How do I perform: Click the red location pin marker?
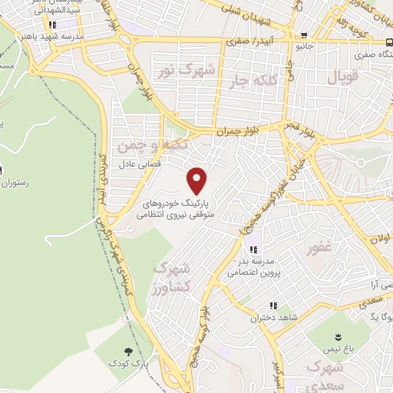pyautogui.click(x=198, y=180)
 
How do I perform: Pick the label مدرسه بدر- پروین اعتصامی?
pyautogui.click(x=254, y=266)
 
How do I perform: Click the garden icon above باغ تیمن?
pyautogui.click(x=341, y=336)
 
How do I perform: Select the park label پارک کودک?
pyautogui.click(x=124, y=362)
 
